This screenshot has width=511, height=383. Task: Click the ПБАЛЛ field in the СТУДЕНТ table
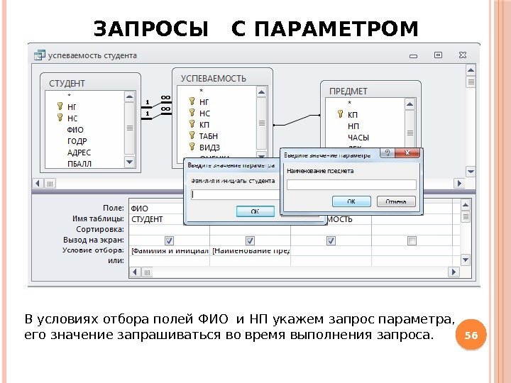point(79,162)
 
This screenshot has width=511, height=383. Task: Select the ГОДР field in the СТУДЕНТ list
point(77,141)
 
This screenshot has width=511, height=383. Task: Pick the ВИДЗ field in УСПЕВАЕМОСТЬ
point(209,147)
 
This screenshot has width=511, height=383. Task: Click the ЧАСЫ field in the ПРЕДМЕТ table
point(358,137)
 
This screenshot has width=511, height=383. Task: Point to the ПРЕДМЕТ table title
point(348,91)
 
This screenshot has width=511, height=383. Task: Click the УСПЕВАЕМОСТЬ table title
point(213,77)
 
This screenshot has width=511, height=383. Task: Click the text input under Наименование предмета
point(351,184)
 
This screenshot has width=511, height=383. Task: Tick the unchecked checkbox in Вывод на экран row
point(412,240)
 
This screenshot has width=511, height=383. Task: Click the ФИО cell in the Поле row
point(140,209)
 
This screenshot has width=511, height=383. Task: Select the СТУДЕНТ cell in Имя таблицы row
point(147,219)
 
